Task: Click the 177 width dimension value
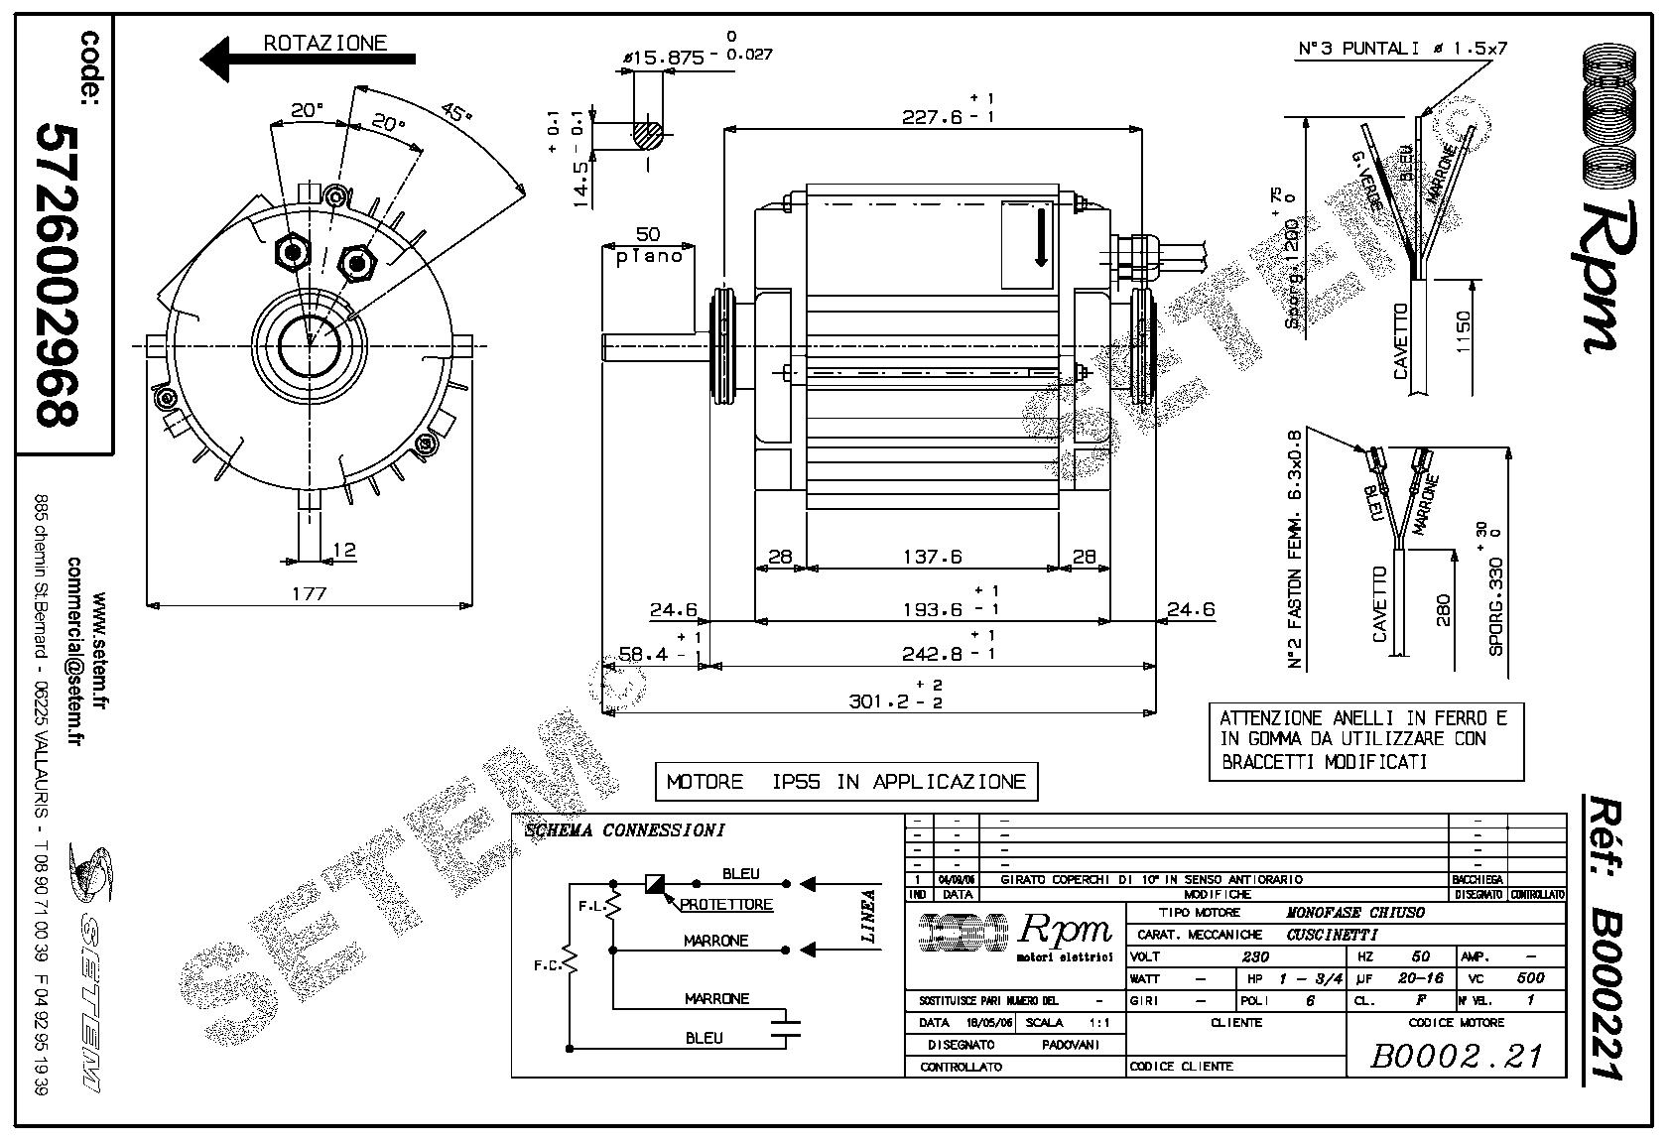pyautogui.click(x=310, y=593)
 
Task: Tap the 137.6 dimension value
pyautogui.click(x=932, y=557)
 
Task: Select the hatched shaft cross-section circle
pyautogui.click(x=650, y=132)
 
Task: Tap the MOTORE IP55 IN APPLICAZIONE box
pyautogui.click(x=846, y=782)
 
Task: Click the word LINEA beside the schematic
pyautogui.click(x=869, y=915)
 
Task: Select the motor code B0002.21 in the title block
pyautogui.click(x=1456, y=1056)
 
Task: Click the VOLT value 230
pyautogui.click(x=1256, y=957)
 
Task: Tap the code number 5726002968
pyautogui.click(x=56, y=275)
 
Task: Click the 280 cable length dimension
pyautogui.click(x=1443, y=609)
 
